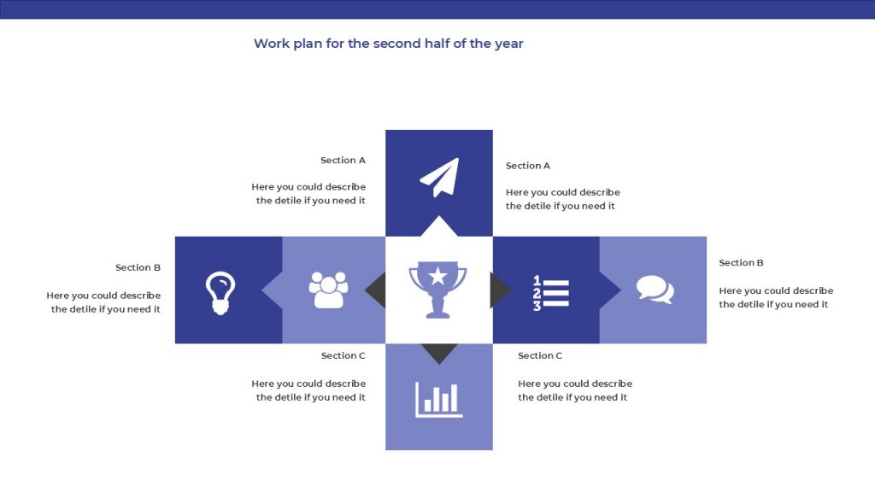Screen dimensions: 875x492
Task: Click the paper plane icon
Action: pos(440,178)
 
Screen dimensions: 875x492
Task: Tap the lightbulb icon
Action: pos(220,293)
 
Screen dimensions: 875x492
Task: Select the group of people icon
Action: pos(328,290)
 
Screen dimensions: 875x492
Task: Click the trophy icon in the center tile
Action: pos(438,290)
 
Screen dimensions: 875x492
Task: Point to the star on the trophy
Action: pos(438,276)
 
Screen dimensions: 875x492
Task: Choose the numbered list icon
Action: pos(551,293)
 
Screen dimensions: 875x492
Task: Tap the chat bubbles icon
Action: pos(655,290)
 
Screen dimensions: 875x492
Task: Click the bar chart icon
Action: pos(438,400)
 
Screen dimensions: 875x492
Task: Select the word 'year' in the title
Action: pos(508,44)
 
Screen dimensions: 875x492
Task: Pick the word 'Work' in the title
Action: pos(271,44)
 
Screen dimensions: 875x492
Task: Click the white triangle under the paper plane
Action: pos(439,225)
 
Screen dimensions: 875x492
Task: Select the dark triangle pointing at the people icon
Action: pos(377,290)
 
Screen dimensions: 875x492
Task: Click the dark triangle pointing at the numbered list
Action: pos(499,290)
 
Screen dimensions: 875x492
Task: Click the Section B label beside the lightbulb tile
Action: pos(138,267)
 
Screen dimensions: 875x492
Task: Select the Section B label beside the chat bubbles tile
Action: pos(741,263)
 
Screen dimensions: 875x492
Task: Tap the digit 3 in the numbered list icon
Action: pos(537,306)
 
